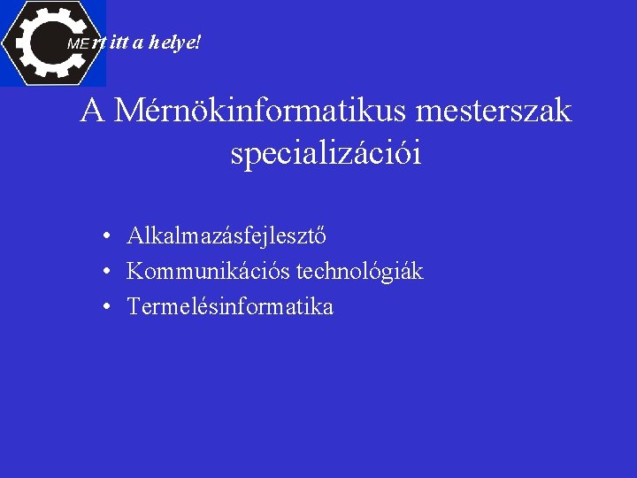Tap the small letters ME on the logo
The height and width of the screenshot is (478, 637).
78,43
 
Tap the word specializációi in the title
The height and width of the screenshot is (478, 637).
325,154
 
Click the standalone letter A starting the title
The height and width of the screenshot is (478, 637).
91,112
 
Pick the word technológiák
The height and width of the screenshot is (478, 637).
360,272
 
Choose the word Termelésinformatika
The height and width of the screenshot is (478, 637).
230,307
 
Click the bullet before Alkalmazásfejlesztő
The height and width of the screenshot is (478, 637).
105,237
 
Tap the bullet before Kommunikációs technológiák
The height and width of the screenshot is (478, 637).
105,273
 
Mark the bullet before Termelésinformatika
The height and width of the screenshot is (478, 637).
105,308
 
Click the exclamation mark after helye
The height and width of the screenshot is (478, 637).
198,42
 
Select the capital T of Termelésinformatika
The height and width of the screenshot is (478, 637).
134,307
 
